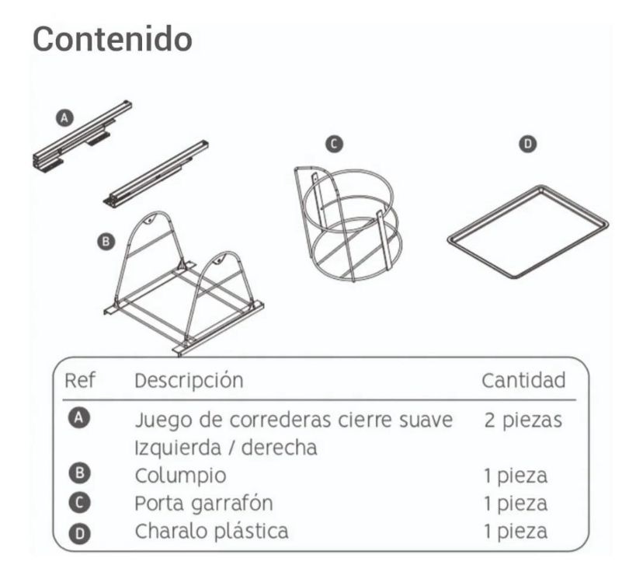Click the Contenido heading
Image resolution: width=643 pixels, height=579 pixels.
[113, 40]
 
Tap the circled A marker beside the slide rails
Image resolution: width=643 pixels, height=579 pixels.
[64, 118]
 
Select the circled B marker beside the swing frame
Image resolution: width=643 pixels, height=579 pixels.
[106, 241]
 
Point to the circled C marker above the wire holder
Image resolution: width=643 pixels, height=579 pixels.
[334, 144]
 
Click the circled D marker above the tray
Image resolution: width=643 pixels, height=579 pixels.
[528, 144]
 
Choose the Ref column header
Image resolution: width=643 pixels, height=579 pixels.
[80, 380]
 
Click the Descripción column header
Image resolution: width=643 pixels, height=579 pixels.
[189, 381]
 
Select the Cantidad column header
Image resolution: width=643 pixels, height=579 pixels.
[523, 380]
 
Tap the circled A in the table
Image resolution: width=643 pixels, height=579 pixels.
[79, 417]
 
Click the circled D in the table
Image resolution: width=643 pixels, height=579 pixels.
[79, 533]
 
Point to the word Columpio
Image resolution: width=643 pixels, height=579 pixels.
[180, 476]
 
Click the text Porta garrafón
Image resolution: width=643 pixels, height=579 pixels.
[203, 504]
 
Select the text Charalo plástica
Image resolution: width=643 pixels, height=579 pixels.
[211, 531]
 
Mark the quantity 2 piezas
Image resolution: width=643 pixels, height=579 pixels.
[523, 420]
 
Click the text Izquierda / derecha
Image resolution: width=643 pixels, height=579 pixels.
[226, 448]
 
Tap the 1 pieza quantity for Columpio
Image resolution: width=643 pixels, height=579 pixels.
[516, 476]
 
